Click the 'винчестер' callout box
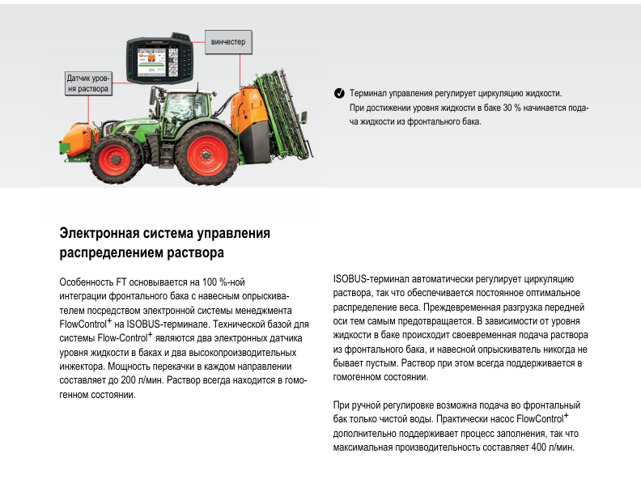pyautogui.click(x=228, y=42)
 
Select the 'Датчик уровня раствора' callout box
pyautogui.click(x=88, y=83)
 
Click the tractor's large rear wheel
pyautogui.click(x=206, y=155)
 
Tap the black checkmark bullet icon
pyautogui.click(x=339, y=93)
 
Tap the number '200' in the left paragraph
pyautogui.click(x=129, y=380)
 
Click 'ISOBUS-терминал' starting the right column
pyautogui.click(x=371, y=279)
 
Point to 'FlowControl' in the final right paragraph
pyautogui.click(x=541, y=419)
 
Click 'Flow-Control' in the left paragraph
pyautogui.click(x=122, y=338)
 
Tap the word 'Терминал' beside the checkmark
pyautogui.click(x=367, y=94)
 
